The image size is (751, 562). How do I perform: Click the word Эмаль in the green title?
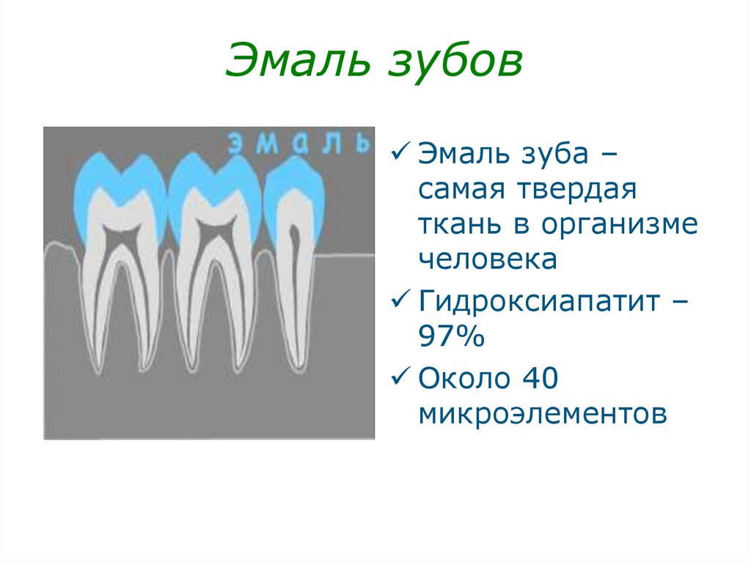[298, 60]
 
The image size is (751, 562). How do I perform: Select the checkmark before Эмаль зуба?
[400, 152]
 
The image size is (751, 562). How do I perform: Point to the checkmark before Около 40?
[400, 376]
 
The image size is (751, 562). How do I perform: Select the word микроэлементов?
[543, 413]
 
